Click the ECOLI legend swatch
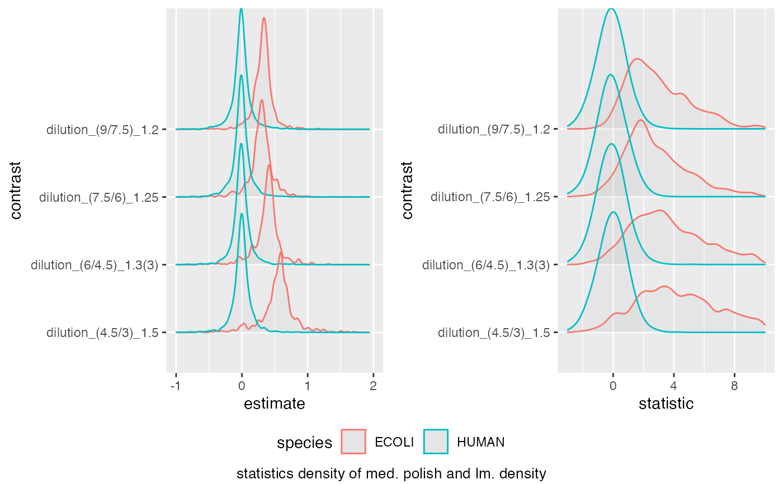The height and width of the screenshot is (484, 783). [x=353, y=442]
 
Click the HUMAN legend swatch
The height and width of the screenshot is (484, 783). [x=436, y=442]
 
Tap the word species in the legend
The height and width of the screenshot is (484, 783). [x=304, y=443]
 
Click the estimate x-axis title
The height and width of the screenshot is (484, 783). [x=275, y=404]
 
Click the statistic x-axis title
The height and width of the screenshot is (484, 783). [x=666, y=404]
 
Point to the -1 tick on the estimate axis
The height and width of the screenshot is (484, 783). [x=176, y=386]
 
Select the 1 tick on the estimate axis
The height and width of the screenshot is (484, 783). [x=307, y=386]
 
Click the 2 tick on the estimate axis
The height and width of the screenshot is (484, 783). [x=373, y=386]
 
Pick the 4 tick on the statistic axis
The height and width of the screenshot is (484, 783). [x=673, y=386]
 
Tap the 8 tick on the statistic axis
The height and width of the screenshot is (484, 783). [x=734, y=386]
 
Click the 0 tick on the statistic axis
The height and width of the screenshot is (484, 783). [x=613, y=386]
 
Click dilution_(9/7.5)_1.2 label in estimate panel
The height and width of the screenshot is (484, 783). [x=103, y=130]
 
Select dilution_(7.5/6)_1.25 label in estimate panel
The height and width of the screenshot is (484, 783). [x=99, y=197]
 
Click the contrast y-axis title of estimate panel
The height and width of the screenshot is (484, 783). [x=16, y=190]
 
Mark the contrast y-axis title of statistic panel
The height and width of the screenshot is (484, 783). [x=407, y=190]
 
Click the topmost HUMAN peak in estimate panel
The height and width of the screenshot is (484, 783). [x=241, y=9]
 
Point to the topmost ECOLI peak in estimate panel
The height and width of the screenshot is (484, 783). [x=264, y=18]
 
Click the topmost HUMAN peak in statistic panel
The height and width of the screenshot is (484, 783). [x=611, y=8]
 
